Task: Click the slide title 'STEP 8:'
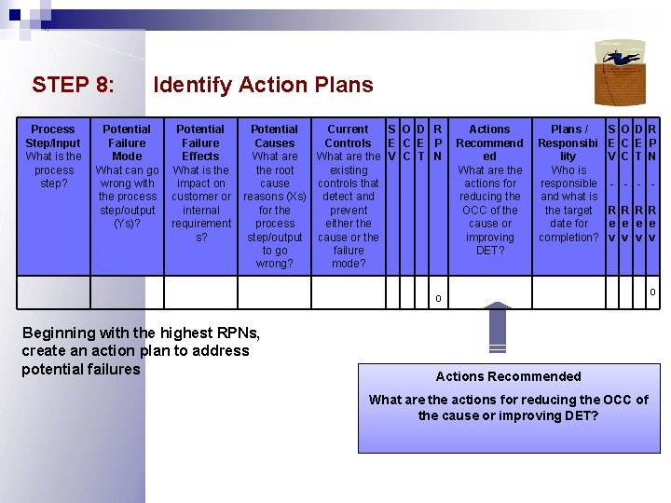click(x=74, y=85)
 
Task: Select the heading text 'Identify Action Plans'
click(x=263, y=85)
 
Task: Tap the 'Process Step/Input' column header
click(x=53, y=136)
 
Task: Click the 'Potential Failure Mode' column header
click(x=127, y=143)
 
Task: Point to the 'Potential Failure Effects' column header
click(x=200, y=143)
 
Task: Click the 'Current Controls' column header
click(x=349, y=136)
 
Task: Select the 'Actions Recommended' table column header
click(x=489, y=143)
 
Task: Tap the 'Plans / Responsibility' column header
click(x=568, y=143)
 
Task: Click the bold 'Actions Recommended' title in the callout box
click(x=508, y=376)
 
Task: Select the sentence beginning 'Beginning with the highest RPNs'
click(x=135, y=351)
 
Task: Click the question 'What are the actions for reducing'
click(x=508, y=407)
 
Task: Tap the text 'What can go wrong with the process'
click(x=127, y=197)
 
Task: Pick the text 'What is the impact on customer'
click(x=200, y=203)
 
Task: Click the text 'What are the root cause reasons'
click(x=275, y=210)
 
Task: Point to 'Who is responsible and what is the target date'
click(x=568, y=203)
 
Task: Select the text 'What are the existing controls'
click(x=349, y=210)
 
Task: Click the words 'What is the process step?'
click(x=53, y=170)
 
